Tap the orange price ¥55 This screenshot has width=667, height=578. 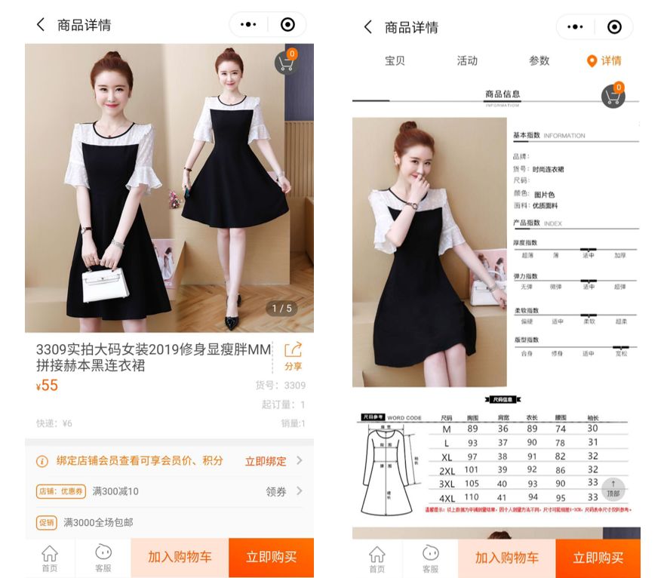click(48, 386)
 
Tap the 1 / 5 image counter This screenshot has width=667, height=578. click(281, 308)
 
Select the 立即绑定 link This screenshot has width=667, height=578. click(265, 461)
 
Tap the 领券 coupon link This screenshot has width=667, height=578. click(276, 491)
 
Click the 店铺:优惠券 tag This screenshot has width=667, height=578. click(61, 491)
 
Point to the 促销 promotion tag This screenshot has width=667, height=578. click(47, 522)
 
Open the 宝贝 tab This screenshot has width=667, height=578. click(395, 60)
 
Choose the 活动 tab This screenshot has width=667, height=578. click(467, 60)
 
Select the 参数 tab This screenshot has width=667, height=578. click(539, 60)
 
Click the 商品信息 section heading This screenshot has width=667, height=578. click(502, 94)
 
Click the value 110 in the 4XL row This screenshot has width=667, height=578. click(472, 497)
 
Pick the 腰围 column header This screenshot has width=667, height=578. click(561, 417)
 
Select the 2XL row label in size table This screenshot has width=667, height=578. click(447, 470)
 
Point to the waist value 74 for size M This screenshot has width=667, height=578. click(561, 429)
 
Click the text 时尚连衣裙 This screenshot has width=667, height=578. click(548, 169)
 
